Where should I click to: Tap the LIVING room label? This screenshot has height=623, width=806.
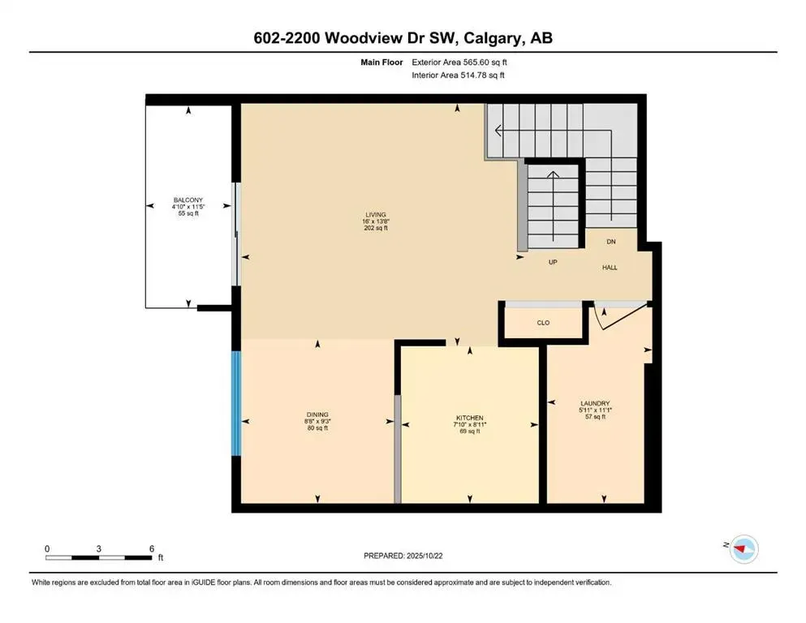(x=375, y=215)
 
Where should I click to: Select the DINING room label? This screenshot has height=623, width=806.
(x=317, y=415)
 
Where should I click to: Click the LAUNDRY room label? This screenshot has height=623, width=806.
(x=595, y=404)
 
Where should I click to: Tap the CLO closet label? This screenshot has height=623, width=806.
(x=543, y=323)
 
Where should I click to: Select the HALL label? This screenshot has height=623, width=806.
(x=610, y=267)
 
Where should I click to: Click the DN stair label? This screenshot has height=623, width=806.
(x=611, y=243)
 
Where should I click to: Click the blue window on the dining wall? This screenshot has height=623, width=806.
(x=236, y=403)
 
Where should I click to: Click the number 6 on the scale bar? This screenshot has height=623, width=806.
(x=152, y=549)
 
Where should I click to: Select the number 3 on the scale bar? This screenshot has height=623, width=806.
(x=99, y=549)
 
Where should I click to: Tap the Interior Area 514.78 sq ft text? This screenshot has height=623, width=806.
(x=459, y=75)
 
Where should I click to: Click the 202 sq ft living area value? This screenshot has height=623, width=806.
(x=375, y=229)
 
